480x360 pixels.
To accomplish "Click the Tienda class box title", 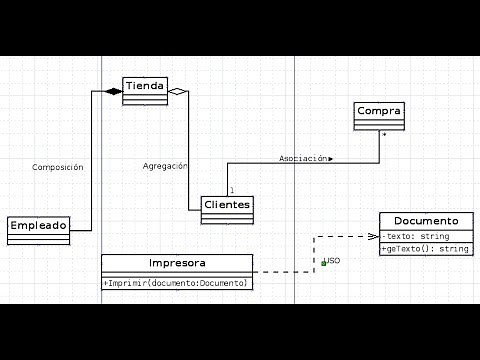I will click(145, 85).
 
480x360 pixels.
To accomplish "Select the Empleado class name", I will click(39, 226).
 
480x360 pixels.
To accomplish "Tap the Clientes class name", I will click(227, 205).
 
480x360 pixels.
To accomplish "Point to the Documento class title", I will click(426, 221).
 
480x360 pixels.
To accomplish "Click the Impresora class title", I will click(177, 263).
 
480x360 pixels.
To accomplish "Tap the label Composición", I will click(58, 168).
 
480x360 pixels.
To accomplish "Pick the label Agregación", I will click(165, 166).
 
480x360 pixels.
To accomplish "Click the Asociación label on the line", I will click(304, 158).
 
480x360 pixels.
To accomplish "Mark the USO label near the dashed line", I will click(334, 260).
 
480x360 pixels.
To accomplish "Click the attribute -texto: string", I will click(416, 236).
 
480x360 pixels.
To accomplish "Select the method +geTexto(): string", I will click(425, 248).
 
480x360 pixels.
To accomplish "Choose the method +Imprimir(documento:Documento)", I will click(176, 283).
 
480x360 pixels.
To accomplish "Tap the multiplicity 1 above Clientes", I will click(231, 190).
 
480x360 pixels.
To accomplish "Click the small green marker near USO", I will click(323, 263).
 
